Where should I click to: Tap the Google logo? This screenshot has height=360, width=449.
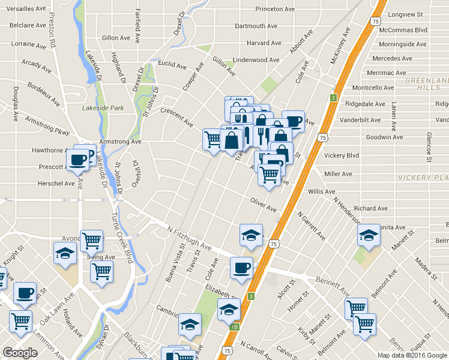click(20, 353)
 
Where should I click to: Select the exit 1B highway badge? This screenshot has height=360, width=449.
click(235, 327)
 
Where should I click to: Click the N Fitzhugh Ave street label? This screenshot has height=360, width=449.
click(190, 238)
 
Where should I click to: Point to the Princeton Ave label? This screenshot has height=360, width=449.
click(275, 10)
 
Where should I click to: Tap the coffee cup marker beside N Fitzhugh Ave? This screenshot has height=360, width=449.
click(242, 268)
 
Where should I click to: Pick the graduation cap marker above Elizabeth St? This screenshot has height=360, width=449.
click(229, 310)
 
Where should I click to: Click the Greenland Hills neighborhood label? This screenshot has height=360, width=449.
click(427, 83)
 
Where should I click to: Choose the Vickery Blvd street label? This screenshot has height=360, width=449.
click(341, 155)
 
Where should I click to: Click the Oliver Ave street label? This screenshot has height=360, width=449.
click(264, 205)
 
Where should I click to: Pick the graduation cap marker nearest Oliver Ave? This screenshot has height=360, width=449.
click(251, 235)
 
